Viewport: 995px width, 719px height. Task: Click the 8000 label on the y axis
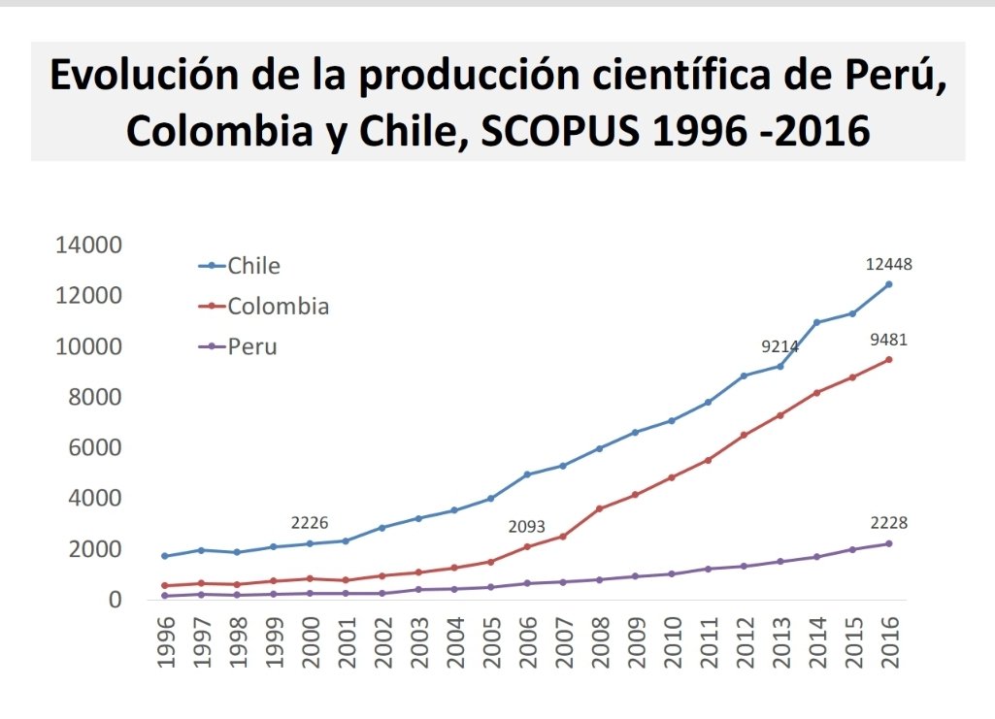(x=94, y=398)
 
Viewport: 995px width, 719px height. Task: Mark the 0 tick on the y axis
(x=115, y=600)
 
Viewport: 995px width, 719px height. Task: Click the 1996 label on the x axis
(x=166, y=642)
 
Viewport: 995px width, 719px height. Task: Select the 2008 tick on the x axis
(x=600, y=642)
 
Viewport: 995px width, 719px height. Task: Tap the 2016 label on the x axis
(x=889, y=642)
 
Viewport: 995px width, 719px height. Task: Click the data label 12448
(x=889, y=264)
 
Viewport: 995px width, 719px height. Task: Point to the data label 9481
(x=889, y=341)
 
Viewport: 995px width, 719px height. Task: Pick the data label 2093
(x=527, y=527)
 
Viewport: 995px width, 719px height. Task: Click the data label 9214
(x=779, y=345)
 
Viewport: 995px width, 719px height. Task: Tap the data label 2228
(x=889, y=523)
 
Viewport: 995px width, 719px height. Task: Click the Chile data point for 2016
(x=889, y=284)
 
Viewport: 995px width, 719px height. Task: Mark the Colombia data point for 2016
(x=889, y=360)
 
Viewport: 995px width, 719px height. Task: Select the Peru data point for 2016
(x=889, y=543)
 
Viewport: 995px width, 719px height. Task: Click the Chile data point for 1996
(x=166, y=556)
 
